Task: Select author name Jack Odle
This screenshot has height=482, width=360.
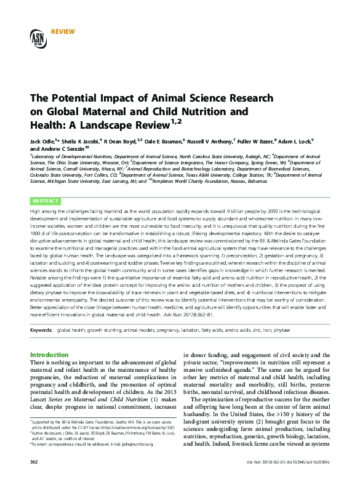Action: click(42, 141)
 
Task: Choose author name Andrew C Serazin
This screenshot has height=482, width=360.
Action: click(62, 149)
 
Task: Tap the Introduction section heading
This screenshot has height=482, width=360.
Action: click(50, 355)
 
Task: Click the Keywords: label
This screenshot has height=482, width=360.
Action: click(41, 330)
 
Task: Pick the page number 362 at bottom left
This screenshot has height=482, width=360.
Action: click(34, 461)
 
